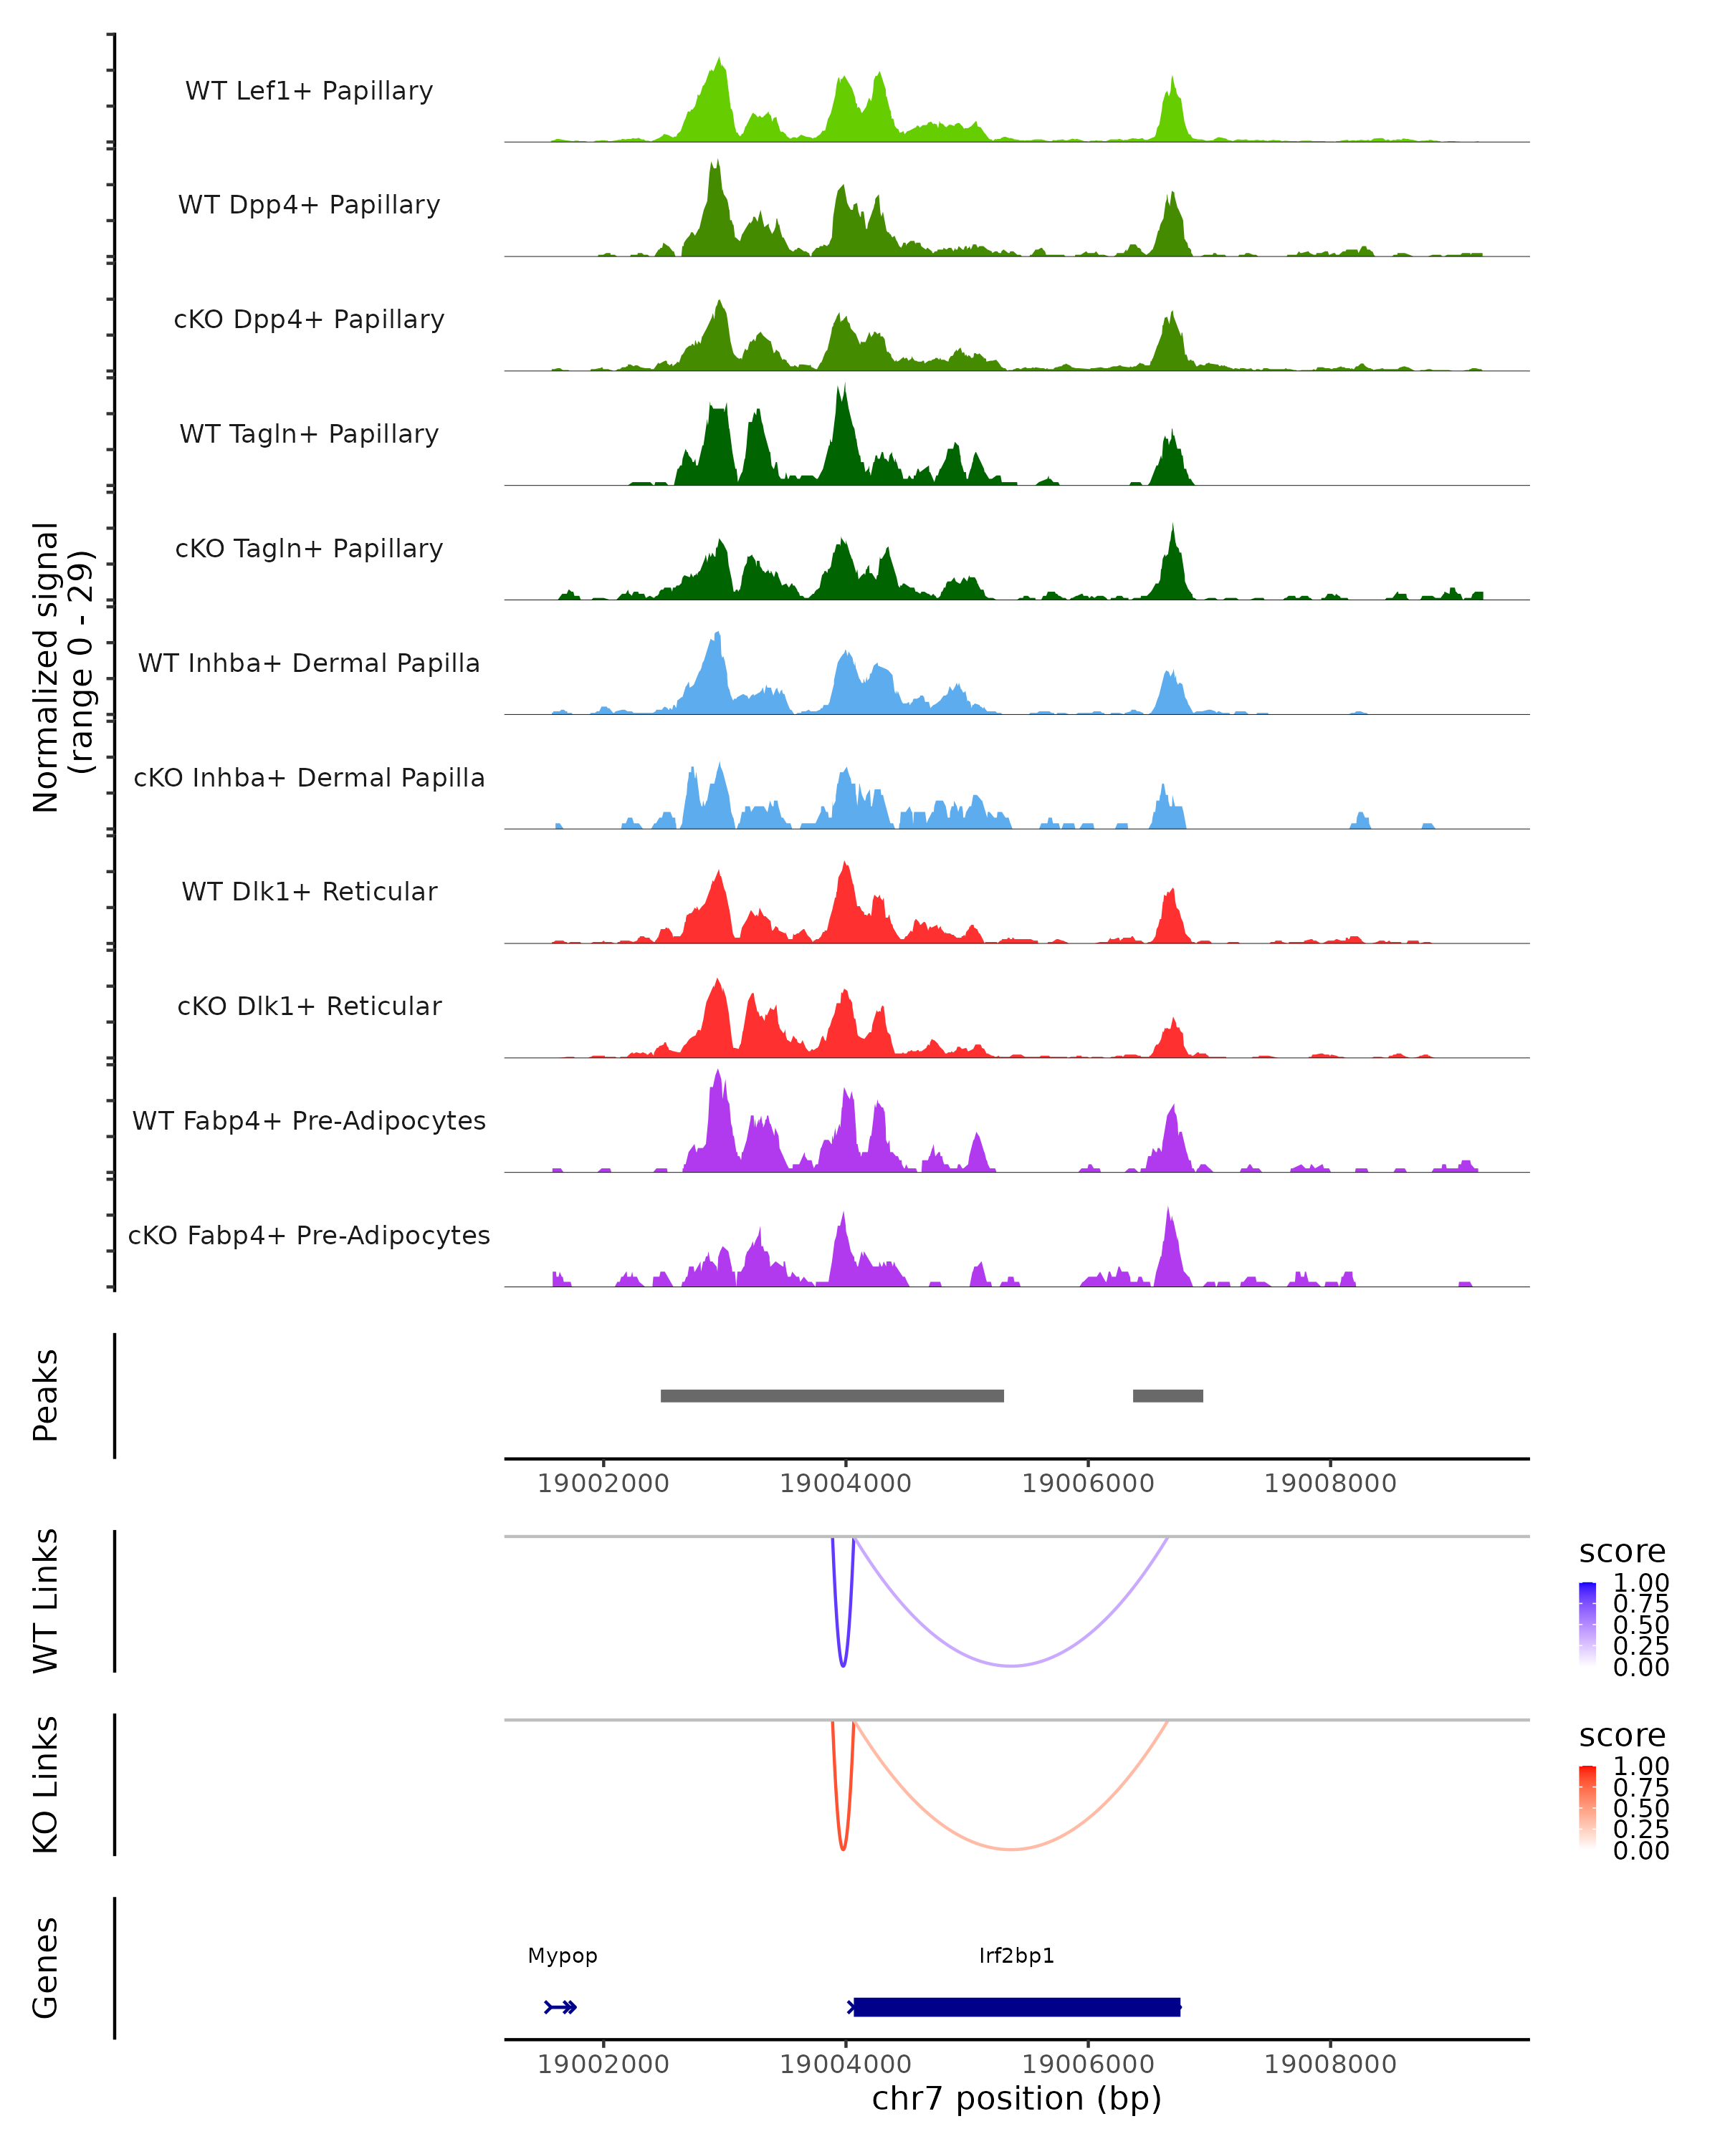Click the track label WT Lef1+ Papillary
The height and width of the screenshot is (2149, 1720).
(x=309, y=91)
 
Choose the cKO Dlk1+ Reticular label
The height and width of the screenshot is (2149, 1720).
(x=309, y=1006)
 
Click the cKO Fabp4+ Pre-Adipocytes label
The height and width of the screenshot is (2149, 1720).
(x=309, y=1235)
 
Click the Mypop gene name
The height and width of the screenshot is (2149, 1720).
(x=563, y=1955)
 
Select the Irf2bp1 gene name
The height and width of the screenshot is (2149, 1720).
(x=1016, y=1955)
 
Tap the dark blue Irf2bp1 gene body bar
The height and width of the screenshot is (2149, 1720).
(x=1016, y=2006)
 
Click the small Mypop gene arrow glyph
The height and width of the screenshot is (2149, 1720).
(x=561, y=2006)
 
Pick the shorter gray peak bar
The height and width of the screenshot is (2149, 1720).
(x=1167, y=1395)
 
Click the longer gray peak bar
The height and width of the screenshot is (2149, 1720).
(x=831, y=1395)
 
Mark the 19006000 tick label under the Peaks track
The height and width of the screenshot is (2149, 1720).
(x=1088, y=1484)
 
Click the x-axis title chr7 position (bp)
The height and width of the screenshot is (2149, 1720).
(x=1016, y=2099)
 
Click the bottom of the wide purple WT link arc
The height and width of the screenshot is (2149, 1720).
(x=1011, y=1665)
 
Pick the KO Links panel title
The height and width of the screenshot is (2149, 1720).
(x=46, y=1784)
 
